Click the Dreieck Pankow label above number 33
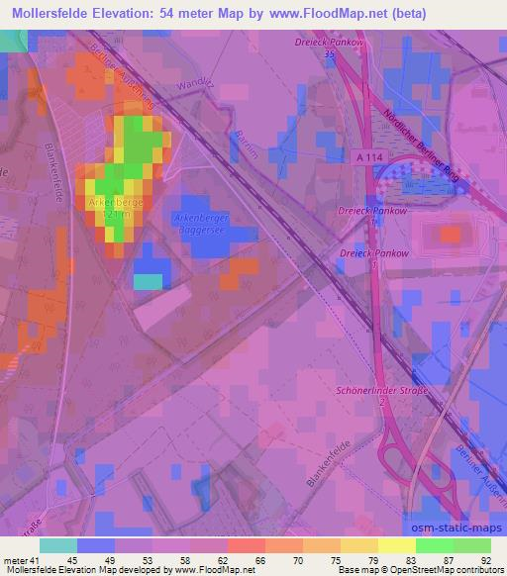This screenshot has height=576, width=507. point(328,43)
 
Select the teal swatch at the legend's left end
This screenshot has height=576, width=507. point(58,545)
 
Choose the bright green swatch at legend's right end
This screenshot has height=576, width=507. point(471,545)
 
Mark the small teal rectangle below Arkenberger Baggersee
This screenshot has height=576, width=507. point(148,281)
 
